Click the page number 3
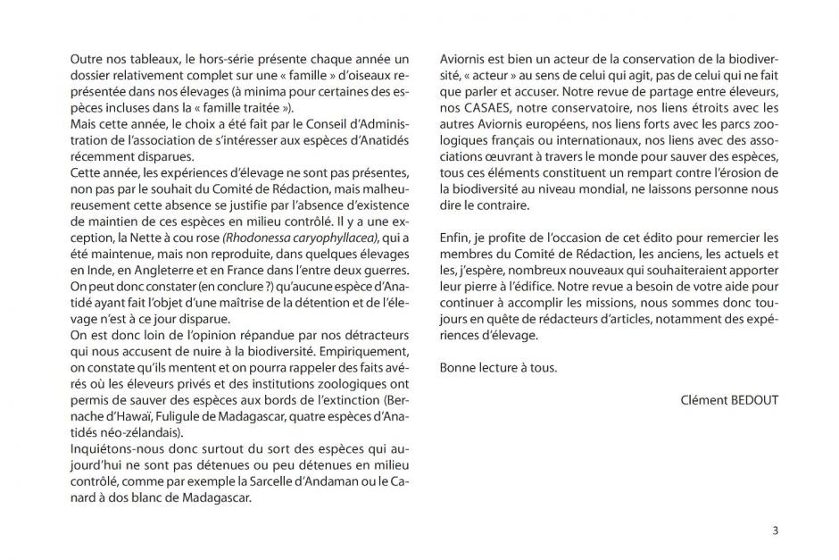coord(775,531)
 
